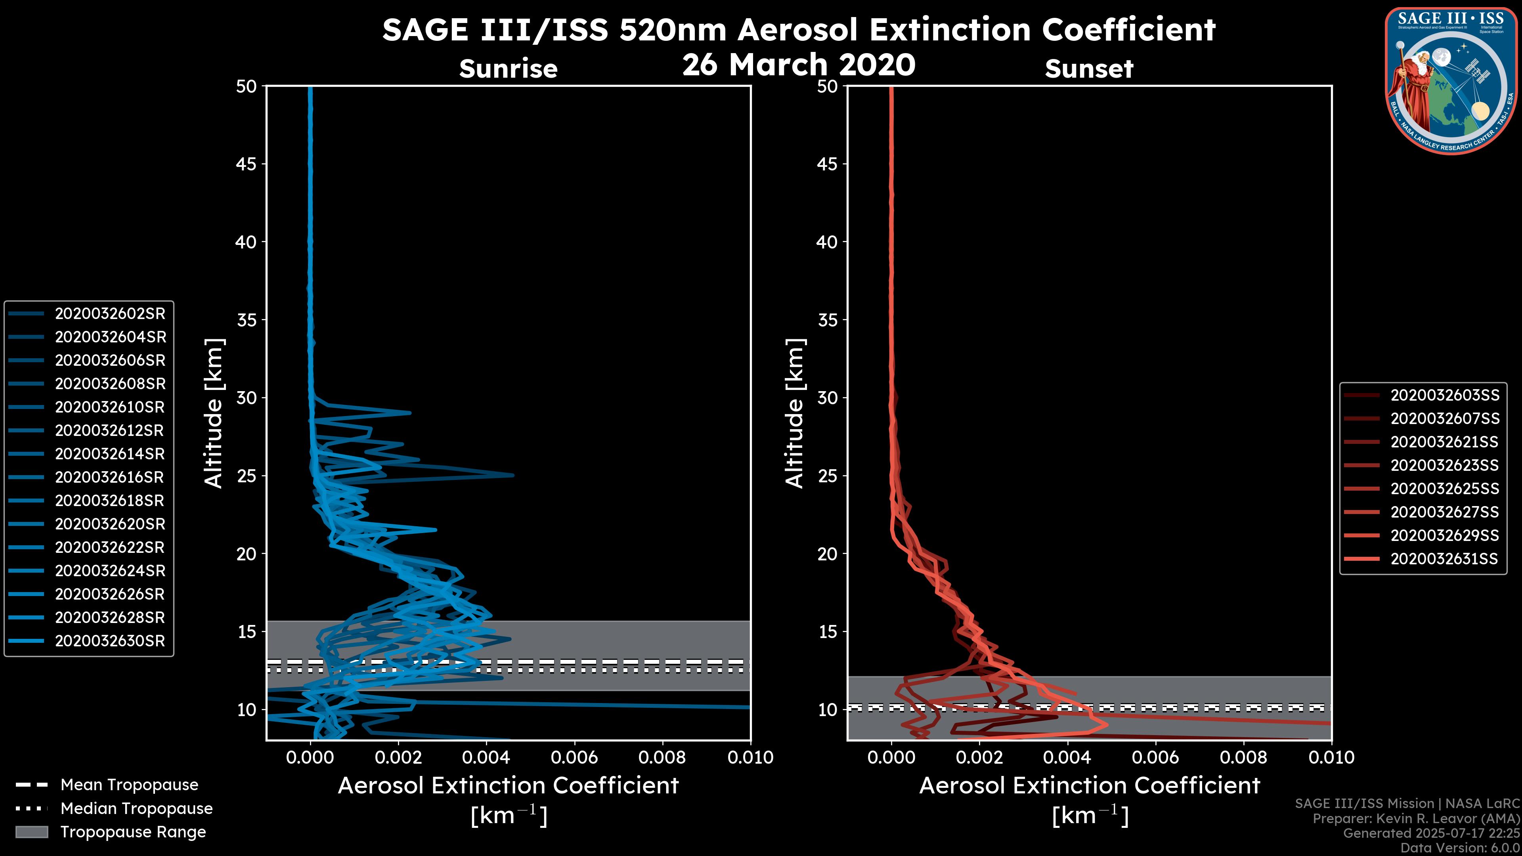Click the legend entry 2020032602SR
pyautogui.click(x=110, y=314)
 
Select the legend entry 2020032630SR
pyautogui.click(x=110, y=641)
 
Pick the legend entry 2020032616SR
pyautogui.click(x=110, y=477)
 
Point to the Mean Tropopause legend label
pyautogui.click(x=129, y=785)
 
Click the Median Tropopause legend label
pyautogui.click(x=136, y=809)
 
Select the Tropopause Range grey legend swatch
pyautogui.click(x=31, y=832)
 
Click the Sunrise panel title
pyautogui.click(x=508, y=69)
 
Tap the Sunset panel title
pyautogui.click(x=1089, y=69)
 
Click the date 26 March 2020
pyautogui.click(x=799, y=64)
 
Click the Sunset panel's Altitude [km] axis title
pyautogui.click(x=795, y=413)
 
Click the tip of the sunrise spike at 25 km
pyautogui.click(x=513, y=475)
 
